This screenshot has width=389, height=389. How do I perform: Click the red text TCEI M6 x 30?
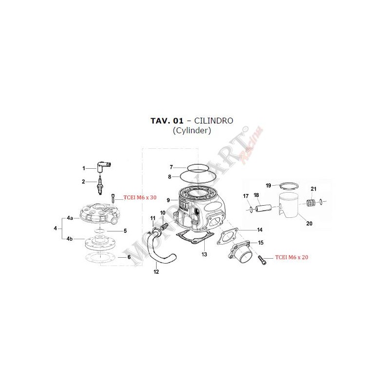(x=140, y=197)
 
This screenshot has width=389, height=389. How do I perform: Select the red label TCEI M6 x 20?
(x=291, y=257)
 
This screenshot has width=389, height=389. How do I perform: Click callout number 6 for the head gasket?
(x=129, y=257)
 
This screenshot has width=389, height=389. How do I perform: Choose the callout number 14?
(x=260, y=230)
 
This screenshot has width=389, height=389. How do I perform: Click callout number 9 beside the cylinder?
(x=168, y=200)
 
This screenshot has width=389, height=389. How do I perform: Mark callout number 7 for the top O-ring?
(x=171, y=167)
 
